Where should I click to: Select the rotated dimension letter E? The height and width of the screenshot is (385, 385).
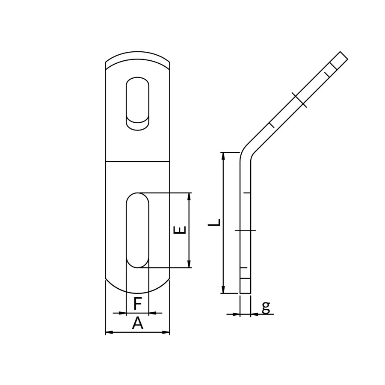[x=180, y=230]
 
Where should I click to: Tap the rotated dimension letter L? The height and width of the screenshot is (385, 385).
[x=214, y=222]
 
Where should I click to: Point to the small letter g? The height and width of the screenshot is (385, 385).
[x=266, y=308]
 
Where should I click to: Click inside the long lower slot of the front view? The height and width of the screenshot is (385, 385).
[x=137, y=230]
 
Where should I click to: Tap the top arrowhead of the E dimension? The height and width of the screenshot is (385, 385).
[x=189, y=196]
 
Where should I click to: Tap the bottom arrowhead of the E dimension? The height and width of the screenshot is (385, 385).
[x=189, y=264]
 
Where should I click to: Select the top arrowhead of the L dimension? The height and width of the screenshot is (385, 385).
[x=223, y=156]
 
